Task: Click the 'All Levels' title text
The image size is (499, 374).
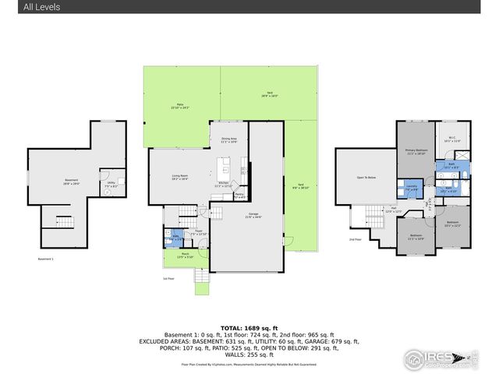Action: click(41, 7)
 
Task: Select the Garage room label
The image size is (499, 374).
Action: click(253, 215)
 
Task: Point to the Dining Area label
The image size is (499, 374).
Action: click(228, 141)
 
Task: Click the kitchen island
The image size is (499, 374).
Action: click(225, 167)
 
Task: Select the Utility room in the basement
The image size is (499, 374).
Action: click(110, 185)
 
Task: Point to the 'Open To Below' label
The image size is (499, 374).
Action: click(366, 178)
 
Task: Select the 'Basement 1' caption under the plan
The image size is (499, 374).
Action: click(48, 259)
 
